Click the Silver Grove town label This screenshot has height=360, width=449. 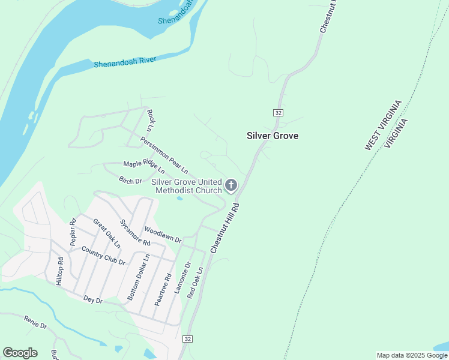[x=273, y=136]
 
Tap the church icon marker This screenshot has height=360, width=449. [x=231, y=186]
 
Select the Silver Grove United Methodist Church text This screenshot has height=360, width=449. [x=186, y=186]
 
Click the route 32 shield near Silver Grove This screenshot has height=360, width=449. [x=278, y=112]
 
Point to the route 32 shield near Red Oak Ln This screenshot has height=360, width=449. [x=188, y=339]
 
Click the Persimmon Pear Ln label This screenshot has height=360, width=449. [x=164, y=154]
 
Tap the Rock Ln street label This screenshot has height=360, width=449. [x=151, y=120]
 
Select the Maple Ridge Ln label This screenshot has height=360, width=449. [x=144, y=167]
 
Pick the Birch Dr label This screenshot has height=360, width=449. [x=130, y=181]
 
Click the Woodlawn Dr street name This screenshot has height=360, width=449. [x=163, y=235]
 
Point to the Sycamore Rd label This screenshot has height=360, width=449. [x=134, y=233]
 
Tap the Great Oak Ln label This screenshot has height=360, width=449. [x=106, y=233]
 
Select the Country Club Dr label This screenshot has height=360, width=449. [x=103, y=256]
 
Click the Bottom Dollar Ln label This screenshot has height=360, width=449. [x=138, y=277]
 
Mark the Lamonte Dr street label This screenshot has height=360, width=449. [x=182, y=277]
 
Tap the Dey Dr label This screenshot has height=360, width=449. [x=93, y=299]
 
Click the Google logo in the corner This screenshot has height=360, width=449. [x=20, y=353]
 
